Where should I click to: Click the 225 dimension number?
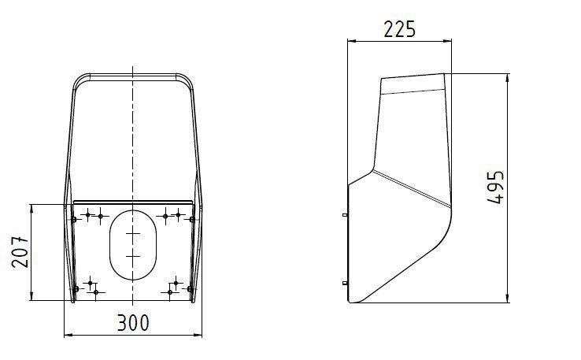[399, 30]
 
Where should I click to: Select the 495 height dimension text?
[495, 187]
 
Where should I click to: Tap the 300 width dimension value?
[133, 323]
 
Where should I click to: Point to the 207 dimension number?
[20, 252]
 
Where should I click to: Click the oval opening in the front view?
[133, 245]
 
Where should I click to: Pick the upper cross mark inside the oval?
[133, 234]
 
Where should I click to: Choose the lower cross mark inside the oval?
[133, 256]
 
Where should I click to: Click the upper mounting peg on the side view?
[345, 215]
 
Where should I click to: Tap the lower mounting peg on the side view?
[345, 284]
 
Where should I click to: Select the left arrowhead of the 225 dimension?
[351, 40]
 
